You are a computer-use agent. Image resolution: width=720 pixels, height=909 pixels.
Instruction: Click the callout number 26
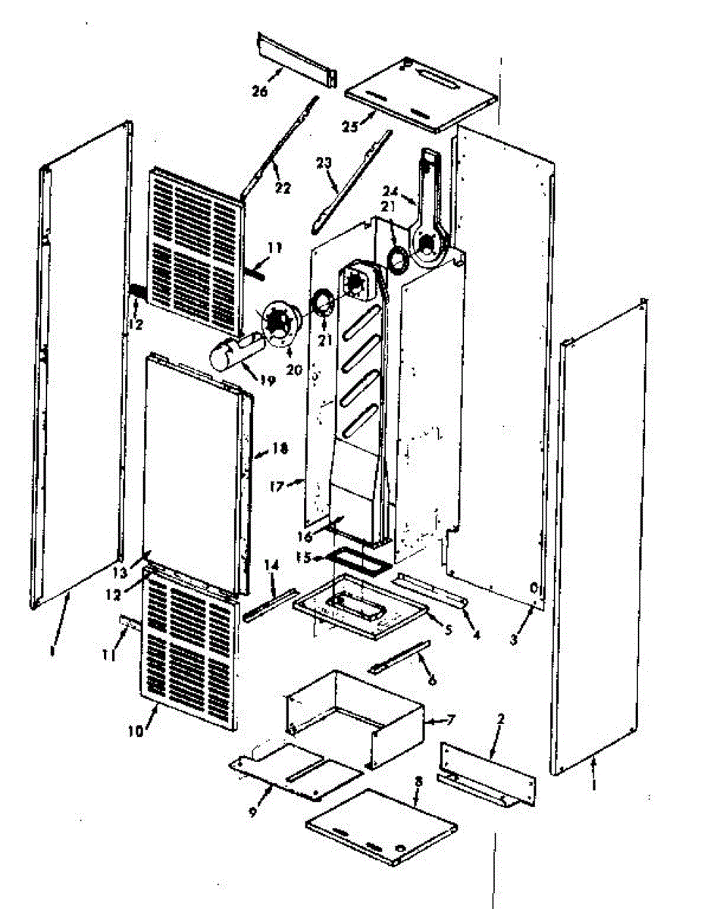point(260,91)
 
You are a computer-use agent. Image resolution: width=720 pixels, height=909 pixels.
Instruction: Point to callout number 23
point(324,163)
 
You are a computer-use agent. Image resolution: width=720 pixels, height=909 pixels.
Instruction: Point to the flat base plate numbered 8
point(382,825)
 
